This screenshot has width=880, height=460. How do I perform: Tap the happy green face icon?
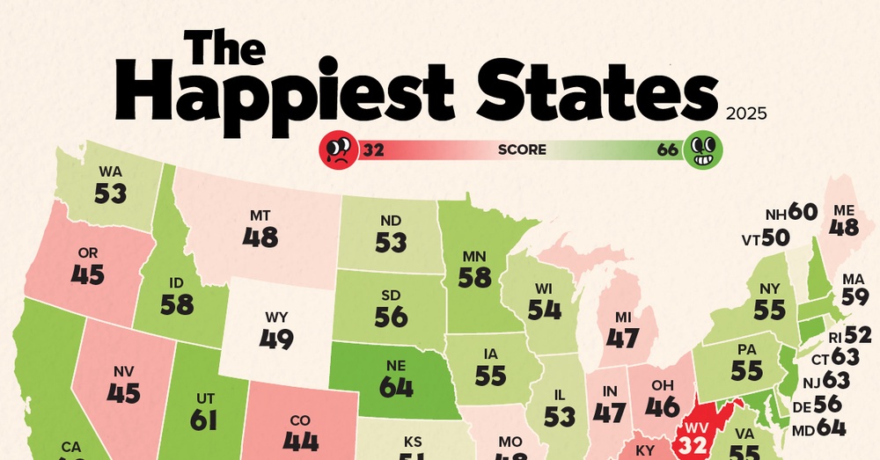click(x=703, y=150)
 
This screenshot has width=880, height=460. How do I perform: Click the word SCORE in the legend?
click(x=522, y=150)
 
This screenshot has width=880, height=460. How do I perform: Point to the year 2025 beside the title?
click(x=747, y=113)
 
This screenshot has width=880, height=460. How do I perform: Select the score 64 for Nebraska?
click(x=397, y=386)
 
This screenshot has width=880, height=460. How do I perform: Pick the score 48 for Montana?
click(x=260, y=237)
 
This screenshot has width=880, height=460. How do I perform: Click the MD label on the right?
click(x=801, y=429)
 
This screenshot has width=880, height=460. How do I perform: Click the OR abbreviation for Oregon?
click(x=88, y=253)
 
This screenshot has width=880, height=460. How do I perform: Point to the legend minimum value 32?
click(x=373, y=150)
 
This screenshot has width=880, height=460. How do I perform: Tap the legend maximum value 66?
click(x=668, y=150)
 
